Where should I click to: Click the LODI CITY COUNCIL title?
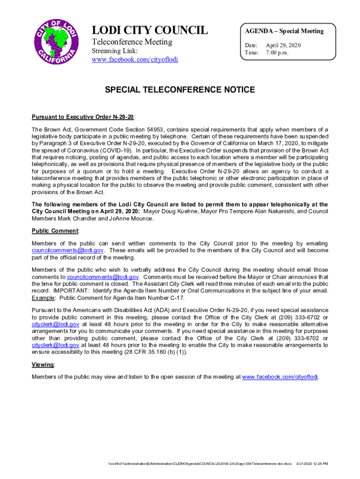150,31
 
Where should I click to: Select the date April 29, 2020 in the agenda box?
283,45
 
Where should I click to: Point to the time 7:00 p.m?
277,53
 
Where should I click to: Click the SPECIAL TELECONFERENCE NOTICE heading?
180,90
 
